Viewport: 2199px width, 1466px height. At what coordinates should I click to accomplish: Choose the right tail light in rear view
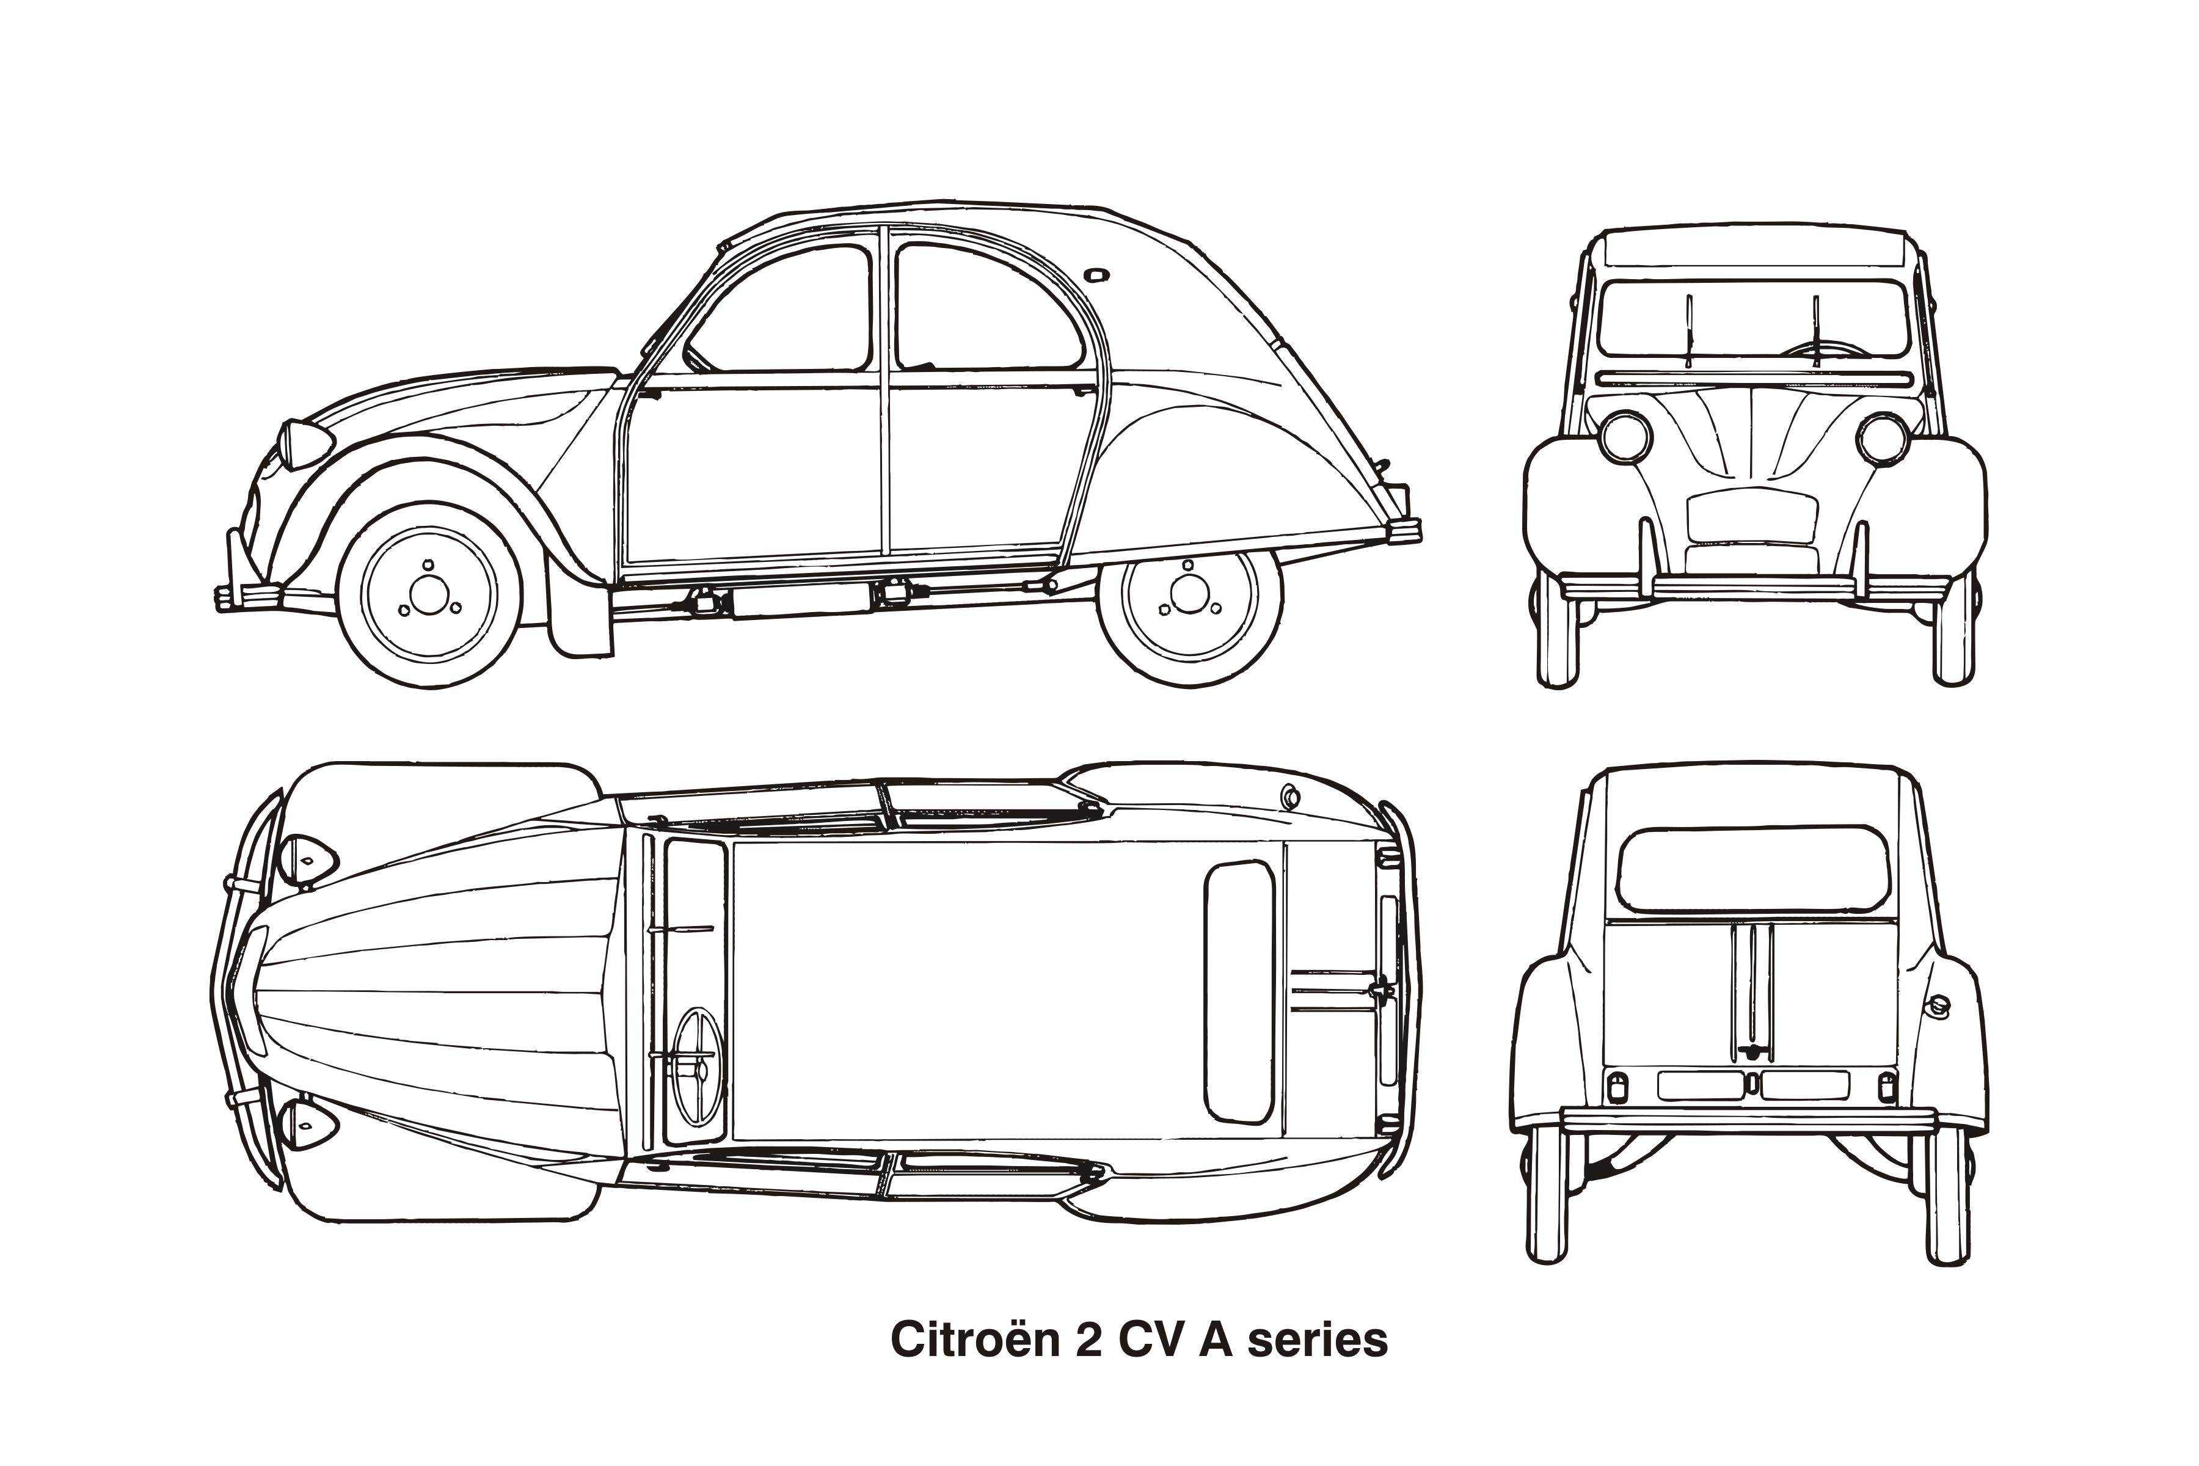pyautogui.click(x=1887, y=1087)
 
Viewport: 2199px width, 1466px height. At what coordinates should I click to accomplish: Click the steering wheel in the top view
pyautogui.click(x=698, y=1067)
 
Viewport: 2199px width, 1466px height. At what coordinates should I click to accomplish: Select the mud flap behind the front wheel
pyautogui.click(x=580, y=617)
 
